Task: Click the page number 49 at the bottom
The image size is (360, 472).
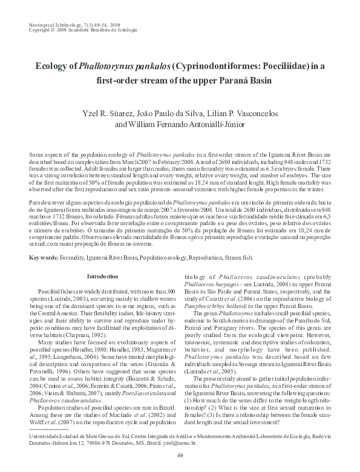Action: coord(180,456)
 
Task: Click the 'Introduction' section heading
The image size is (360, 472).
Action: coord(103,277)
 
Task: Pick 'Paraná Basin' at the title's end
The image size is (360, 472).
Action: coord(265,80)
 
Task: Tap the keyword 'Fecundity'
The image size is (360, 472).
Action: coord(76,257)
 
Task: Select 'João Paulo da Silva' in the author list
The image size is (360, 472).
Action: coord(170,113)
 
